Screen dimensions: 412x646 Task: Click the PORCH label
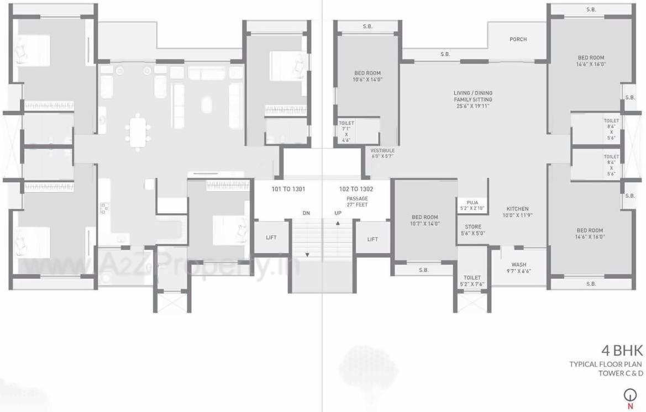(518, 39)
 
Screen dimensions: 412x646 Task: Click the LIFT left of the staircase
(271, 237)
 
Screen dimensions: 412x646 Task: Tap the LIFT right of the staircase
(372, 239)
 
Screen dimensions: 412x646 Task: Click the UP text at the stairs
(338, 213)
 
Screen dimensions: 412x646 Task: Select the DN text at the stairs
(306, 213)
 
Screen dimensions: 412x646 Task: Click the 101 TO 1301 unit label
(288, 189)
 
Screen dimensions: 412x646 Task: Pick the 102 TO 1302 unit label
(356, 189)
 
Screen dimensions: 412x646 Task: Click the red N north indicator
(629, 406)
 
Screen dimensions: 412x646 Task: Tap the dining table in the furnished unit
(138, 131)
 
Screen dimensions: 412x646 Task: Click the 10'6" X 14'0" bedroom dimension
(367, 80)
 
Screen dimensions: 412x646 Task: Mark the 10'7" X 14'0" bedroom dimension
(424, 224)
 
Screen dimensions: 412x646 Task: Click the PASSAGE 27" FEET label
(357, 202)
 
